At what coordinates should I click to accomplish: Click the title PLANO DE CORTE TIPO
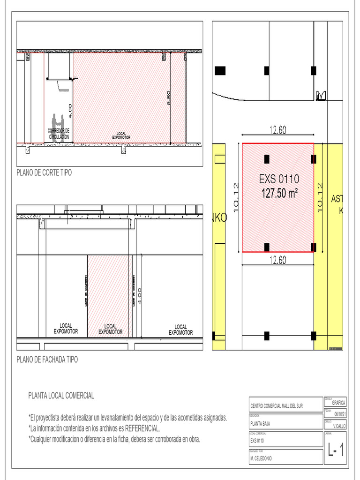click(x=44, y=173)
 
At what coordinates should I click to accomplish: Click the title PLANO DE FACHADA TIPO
click(x=47, y=360)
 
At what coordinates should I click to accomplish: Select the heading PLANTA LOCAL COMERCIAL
click(x=61, y=396)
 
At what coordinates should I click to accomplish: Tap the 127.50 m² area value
click(x=279, y=193)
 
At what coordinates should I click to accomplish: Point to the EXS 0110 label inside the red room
click(x=279, y=179)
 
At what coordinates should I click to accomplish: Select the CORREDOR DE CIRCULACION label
click(x=59, y=134)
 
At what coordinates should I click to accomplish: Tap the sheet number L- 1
click(x=336, y=451)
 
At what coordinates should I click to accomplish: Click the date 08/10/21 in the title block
click(x=340, y=414)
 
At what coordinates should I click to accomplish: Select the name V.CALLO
click(x=339, y=426)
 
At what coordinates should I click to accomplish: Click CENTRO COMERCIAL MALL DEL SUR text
click(x=277, y=406)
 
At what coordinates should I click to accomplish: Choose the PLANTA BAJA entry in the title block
click(x=260, y=423)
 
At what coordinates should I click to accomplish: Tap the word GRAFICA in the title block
click(x=338, y=403)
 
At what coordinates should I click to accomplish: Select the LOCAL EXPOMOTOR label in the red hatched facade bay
click(x=110, y=329)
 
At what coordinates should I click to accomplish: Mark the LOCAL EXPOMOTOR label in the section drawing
click(x=121, y=135)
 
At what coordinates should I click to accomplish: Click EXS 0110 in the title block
click(x=257, y=441)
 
